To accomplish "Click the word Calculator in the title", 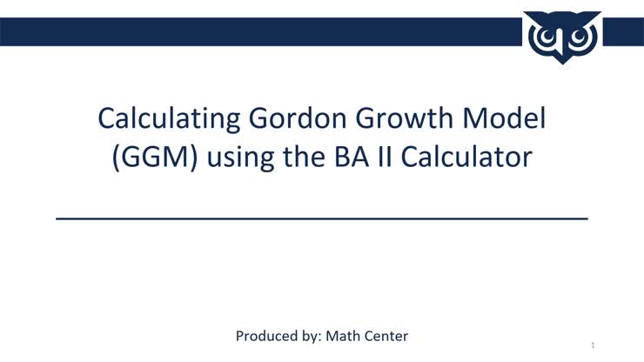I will [477, 158].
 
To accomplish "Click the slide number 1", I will [593, 345].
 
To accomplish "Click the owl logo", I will [563, 36].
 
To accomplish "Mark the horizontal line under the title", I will [322, 218].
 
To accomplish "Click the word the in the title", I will [314, 158].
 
